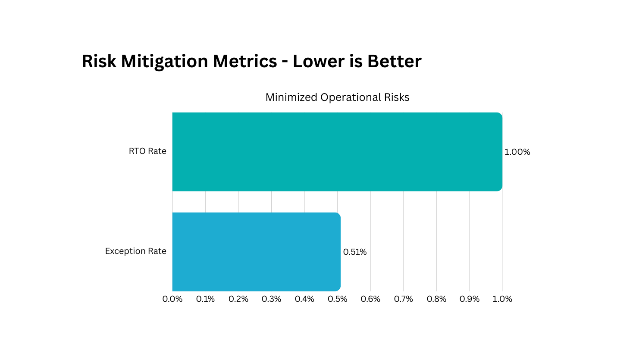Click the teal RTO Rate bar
point(337,152)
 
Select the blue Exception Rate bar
point(256,252)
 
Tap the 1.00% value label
point(517,152)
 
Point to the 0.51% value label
point(355,252)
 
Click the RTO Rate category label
point(147,151)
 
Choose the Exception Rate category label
point(135,251)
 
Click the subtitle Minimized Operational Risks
point(337,97)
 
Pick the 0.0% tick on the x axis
point(172,299)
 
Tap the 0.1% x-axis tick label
point(205,299)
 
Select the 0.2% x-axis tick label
point(238,299)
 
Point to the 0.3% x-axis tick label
point(271,299)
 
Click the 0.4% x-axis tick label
point(304,299)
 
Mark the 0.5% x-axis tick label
point(337,299)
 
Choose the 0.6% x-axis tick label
point(370,299)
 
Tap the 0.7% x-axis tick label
point(403,299)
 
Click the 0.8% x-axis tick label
point(436,299)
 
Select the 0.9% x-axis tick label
point(470,299)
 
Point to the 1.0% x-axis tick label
point(502,299)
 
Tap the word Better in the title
point(394,61)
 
